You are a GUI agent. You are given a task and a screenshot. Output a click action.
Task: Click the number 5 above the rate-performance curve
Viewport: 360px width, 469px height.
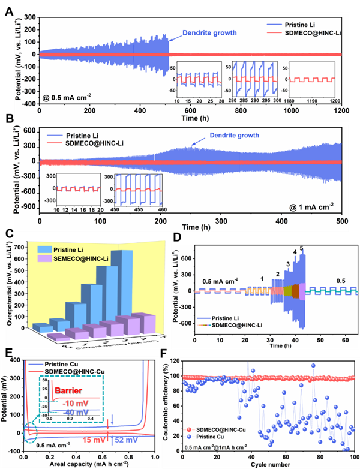click(301, 248)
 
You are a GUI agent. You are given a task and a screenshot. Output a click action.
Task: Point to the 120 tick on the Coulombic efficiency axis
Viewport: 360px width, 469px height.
click(177, 362)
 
